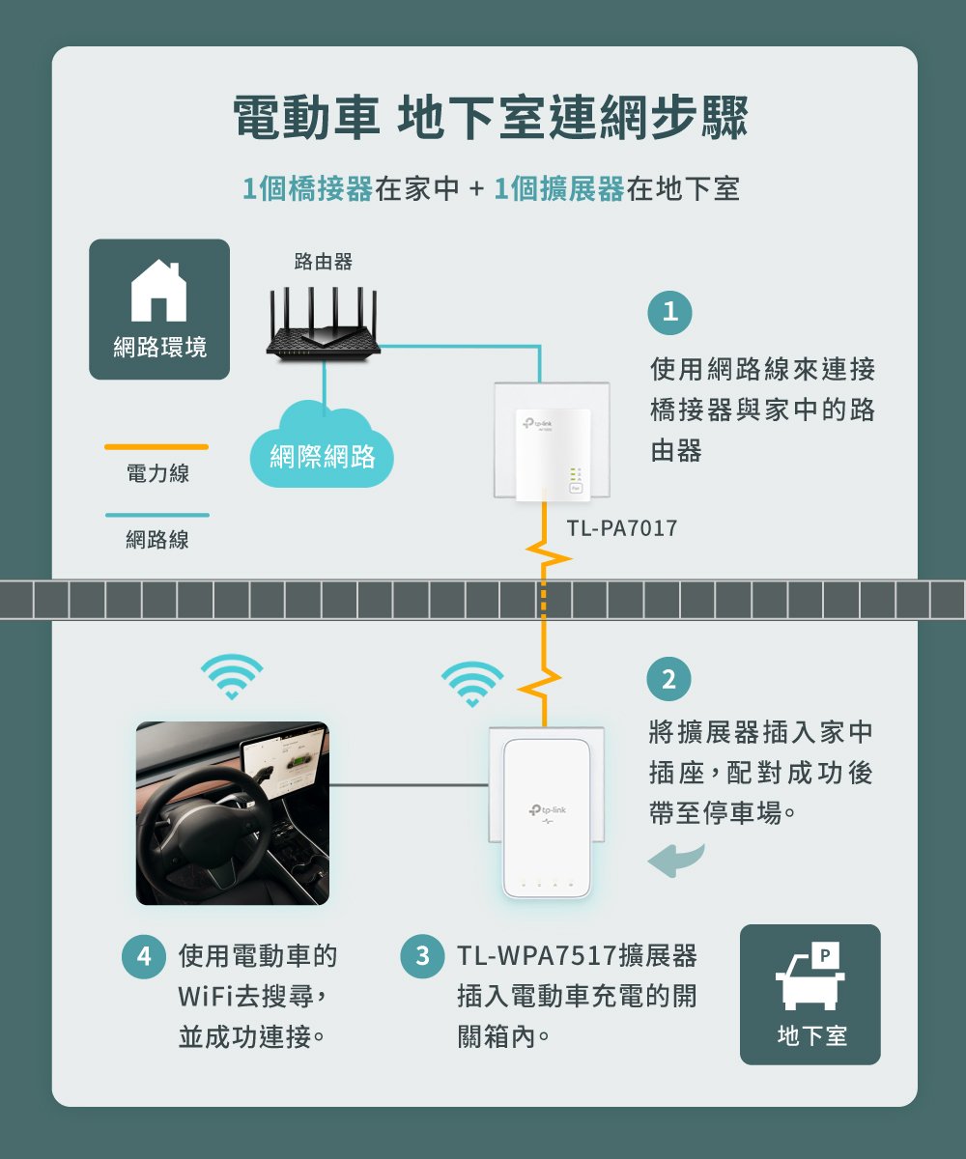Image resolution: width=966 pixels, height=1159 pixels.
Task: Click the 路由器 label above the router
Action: pos(323,262)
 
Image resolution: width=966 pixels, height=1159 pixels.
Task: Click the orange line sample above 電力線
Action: pos(156,447)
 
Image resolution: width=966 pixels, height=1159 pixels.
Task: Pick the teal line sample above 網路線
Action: pos(156,515)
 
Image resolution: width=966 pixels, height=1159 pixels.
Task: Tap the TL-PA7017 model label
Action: pos(622,529)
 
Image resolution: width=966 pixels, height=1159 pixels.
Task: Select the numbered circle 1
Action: pos(669,312)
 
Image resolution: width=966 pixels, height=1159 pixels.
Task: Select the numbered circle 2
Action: pos(669,679)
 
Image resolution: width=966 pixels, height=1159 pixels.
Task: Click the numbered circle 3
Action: pos(422,957)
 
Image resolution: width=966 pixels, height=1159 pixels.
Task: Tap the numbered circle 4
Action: pos(143,957)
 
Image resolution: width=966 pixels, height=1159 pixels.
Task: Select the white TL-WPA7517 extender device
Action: pos(546,817)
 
